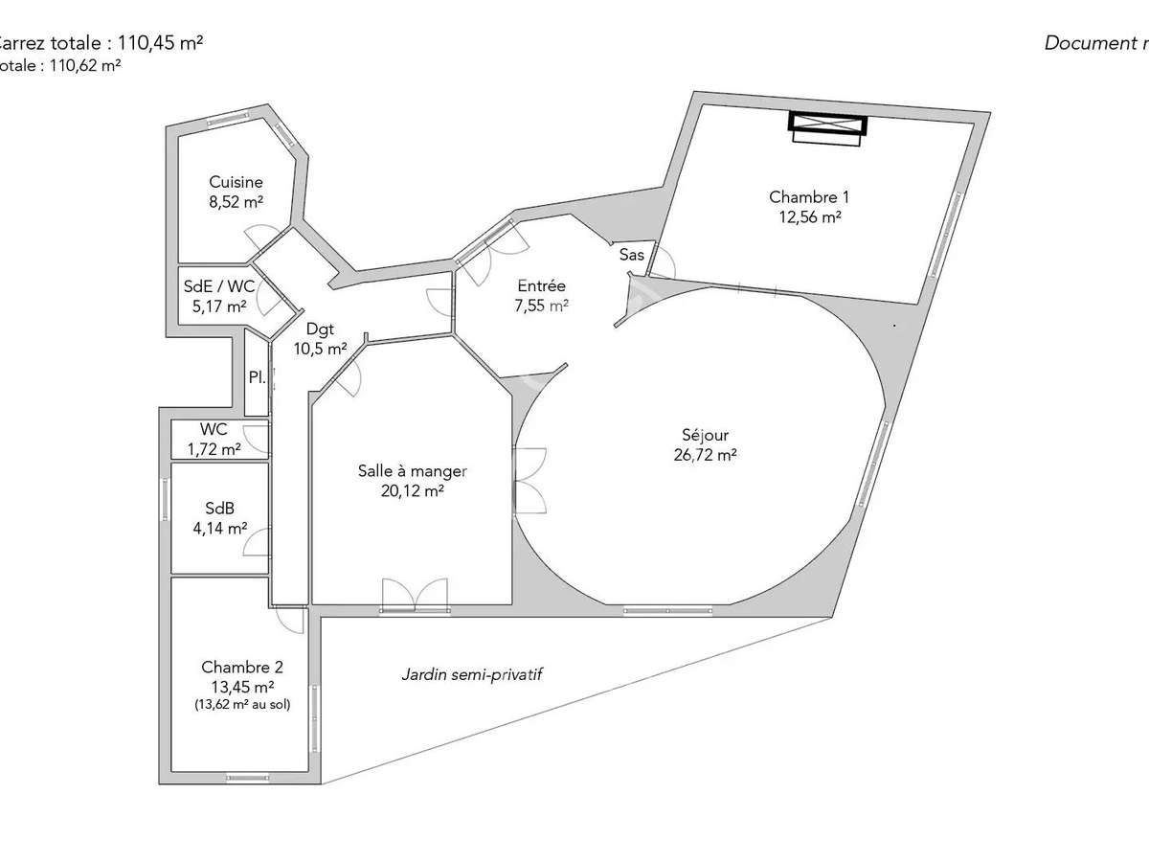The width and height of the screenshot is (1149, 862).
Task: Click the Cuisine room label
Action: pos(237,182)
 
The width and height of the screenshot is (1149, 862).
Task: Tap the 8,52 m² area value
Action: pos(237,201)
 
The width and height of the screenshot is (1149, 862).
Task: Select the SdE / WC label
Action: pos(219,285)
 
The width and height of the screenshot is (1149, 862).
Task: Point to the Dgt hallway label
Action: pos(320,329)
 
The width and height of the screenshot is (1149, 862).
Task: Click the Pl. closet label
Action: pos(257,377)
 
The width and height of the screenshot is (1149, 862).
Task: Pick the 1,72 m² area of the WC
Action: pos(214,448)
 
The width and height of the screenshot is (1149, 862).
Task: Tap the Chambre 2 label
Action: pos(241,667)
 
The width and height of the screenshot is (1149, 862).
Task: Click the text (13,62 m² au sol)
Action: pos(242,704)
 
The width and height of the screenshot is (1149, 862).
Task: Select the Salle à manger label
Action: pos(413,470)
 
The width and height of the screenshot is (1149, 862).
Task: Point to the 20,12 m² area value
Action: pos(413,490)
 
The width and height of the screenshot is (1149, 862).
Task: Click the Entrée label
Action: pos(542,285)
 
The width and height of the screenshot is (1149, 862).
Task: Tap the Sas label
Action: pos(632,255)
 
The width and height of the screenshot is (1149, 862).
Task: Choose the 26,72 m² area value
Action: pos(705,456)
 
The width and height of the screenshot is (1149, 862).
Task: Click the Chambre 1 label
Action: pos(809,197)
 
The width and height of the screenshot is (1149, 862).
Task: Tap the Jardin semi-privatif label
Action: pos(472,674)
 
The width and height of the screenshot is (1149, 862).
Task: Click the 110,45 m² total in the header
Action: pos(159,43)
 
